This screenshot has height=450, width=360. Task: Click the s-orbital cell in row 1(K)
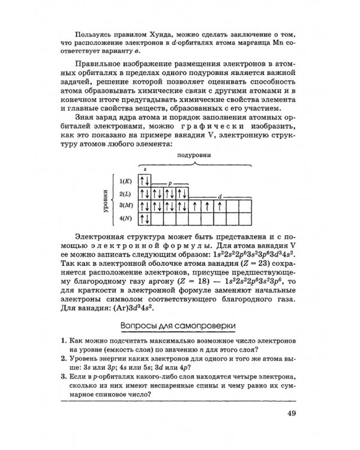click(145, 181)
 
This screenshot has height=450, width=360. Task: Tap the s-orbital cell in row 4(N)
click(145, 219)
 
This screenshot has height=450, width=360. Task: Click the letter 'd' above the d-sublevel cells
click(220, 197)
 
